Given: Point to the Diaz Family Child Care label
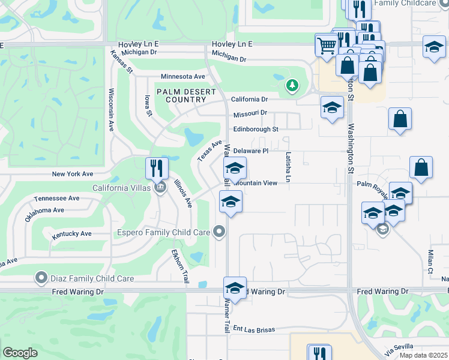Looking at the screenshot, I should click(86, 277).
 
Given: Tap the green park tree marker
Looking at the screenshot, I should click(292, 86).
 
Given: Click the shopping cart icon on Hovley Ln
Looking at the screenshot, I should click(327, 44).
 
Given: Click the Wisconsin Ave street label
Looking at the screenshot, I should click(111, 110).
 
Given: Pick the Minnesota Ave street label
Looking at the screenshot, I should click(182, 77).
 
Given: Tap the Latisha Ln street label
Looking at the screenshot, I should click(288, 166).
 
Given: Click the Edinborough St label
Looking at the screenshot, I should click(256, 129).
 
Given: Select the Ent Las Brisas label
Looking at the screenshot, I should click(254, 329).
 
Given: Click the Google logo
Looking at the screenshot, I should click(20, 353).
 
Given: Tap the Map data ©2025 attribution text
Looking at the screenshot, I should click(423, 355).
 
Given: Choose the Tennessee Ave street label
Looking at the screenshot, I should click(57, 198).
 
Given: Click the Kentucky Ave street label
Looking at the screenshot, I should click(71, 233).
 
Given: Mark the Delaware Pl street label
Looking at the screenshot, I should click(250, 151).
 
